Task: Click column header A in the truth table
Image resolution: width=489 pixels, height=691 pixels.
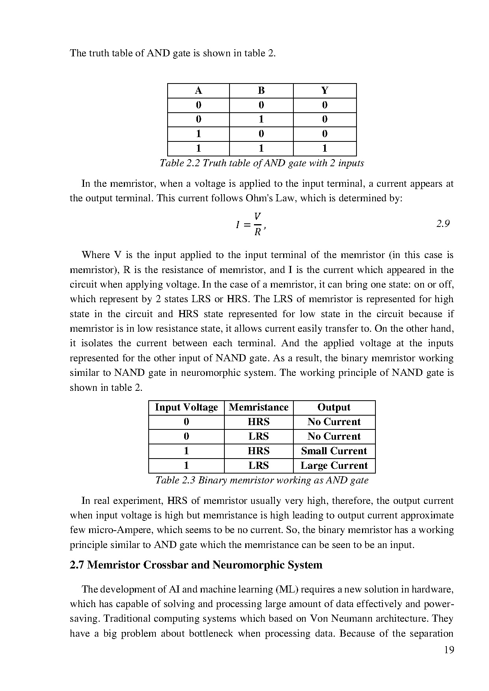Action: coord(198,91)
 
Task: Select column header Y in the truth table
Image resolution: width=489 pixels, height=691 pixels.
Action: coord(325,91)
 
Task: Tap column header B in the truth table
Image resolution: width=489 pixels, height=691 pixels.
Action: coord(261,91)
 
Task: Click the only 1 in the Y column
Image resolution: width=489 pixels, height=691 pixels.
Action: coord(325,149)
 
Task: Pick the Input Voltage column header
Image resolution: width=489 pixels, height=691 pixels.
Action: coord(186,407)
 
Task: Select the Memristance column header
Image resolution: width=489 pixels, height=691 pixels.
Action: coord(258,407)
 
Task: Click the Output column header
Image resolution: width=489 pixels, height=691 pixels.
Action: coord(334,407)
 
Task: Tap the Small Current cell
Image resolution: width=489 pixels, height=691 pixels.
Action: coord(334,451)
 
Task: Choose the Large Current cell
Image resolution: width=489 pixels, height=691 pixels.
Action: coord(334,466)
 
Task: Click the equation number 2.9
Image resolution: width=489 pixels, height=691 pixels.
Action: coord(443,224)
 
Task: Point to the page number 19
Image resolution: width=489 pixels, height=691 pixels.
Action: coord(449,650)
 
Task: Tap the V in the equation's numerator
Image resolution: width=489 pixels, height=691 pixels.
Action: coord(258,216)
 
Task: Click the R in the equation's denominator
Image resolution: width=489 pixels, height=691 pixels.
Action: coord(258,232)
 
